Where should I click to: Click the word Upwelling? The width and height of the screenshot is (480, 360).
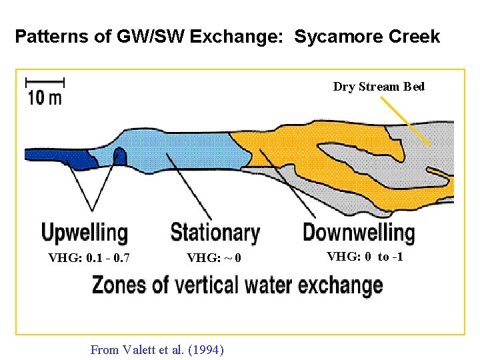tap(84, 233)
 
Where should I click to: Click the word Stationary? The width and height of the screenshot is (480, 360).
tap(215, 233)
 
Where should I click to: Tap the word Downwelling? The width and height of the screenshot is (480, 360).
tap(359, 233)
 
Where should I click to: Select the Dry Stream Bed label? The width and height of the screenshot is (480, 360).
tap(379, 87)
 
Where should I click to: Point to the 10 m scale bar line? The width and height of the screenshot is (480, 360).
tap(44, 82)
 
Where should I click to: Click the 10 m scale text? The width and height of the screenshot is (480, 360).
tap(44, 98)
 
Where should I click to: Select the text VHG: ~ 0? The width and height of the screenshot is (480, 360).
tap(214, 258)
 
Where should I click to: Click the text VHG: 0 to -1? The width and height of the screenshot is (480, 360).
tap(365, 257)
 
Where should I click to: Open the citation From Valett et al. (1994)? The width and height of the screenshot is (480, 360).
tap(157, 349)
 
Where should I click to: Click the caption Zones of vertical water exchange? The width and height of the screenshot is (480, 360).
tap(237, 285)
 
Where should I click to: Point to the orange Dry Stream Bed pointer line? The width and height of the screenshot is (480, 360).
tap(405, 121)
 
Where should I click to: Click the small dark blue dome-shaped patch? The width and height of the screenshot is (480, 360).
tap(120, 157)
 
